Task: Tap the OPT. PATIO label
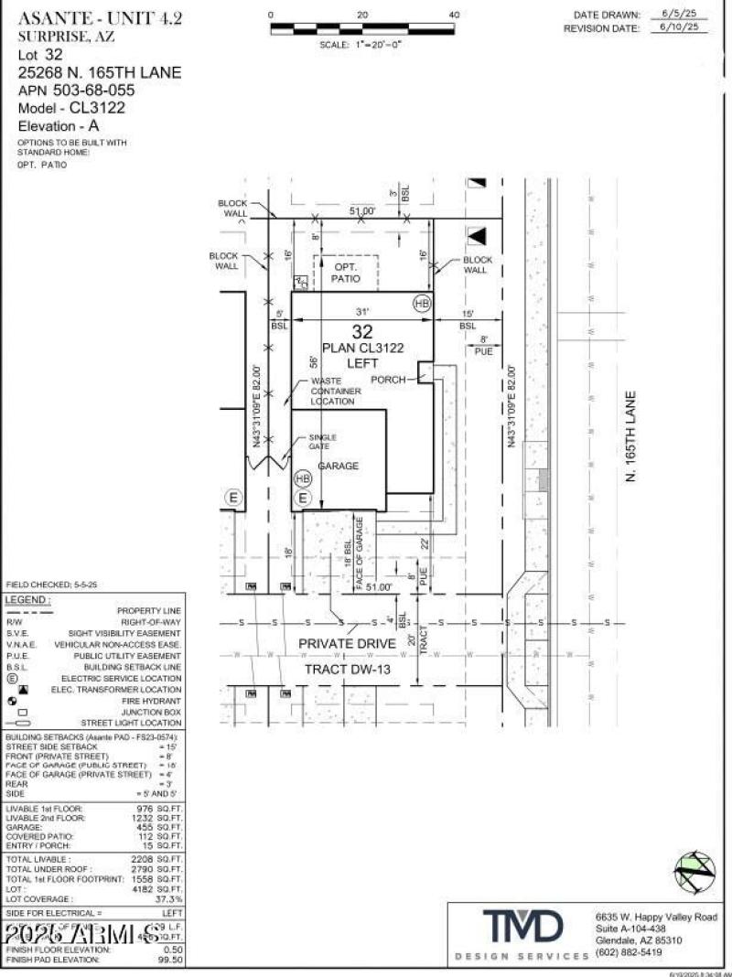(345, 273)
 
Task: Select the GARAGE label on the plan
(338, 467)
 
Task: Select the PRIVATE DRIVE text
(347, 644)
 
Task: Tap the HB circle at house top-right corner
(422, 304)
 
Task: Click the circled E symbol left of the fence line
(234, 498)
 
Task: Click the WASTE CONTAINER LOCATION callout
(336, 392)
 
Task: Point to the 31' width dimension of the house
(362, 311)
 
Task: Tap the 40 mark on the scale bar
(454, 15)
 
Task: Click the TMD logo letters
(522, 927)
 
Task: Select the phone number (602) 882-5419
(628, 952)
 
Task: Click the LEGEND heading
(27, 599)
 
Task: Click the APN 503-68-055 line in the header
(77, 91)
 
